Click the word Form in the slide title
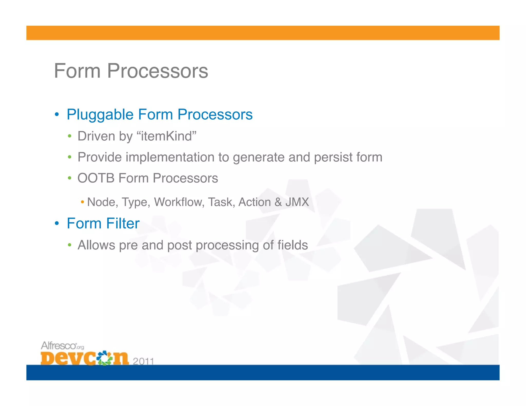coord(77,71)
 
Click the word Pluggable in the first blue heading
coord(100,115)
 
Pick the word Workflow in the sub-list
coord(179,202)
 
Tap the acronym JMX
coord(297,202)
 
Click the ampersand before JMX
coord(278,202)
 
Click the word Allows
coord(96,245)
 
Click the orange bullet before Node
coord(82,202)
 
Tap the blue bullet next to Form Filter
coord(57,223)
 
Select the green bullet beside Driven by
coord(69,136)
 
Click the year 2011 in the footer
coord(143,361)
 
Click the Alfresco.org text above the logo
coord(62,346)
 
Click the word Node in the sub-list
coord(101,202)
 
